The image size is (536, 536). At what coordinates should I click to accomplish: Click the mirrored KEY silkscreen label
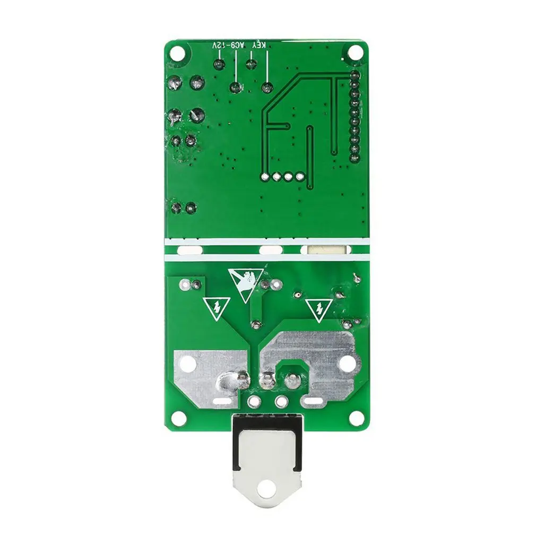[259, 46]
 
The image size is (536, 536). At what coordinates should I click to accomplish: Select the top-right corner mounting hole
[356, 53]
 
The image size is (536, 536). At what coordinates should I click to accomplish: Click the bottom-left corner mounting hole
[180, 418]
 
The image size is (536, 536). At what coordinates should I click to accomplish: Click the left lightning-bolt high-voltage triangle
[216, 307]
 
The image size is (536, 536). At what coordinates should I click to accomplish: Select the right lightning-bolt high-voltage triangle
[318, 308]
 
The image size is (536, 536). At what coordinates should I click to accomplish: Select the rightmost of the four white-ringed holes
[300, 177]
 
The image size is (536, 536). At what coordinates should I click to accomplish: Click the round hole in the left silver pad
[189, 364]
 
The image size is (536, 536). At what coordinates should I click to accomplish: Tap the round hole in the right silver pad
[346, 364]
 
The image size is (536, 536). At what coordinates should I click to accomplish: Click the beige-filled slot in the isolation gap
[325, 249]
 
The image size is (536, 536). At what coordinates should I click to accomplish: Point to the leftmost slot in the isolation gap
[189, 249]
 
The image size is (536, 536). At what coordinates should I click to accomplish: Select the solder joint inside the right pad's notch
[291, 380]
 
